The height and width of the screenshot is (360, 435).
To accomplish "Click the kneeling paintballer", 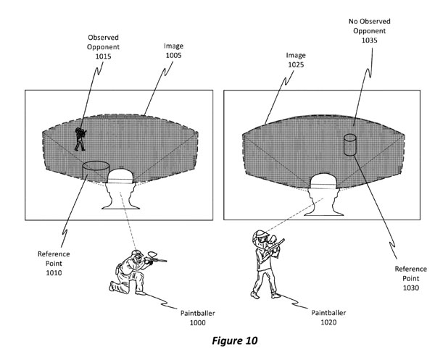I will point(129,272).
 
